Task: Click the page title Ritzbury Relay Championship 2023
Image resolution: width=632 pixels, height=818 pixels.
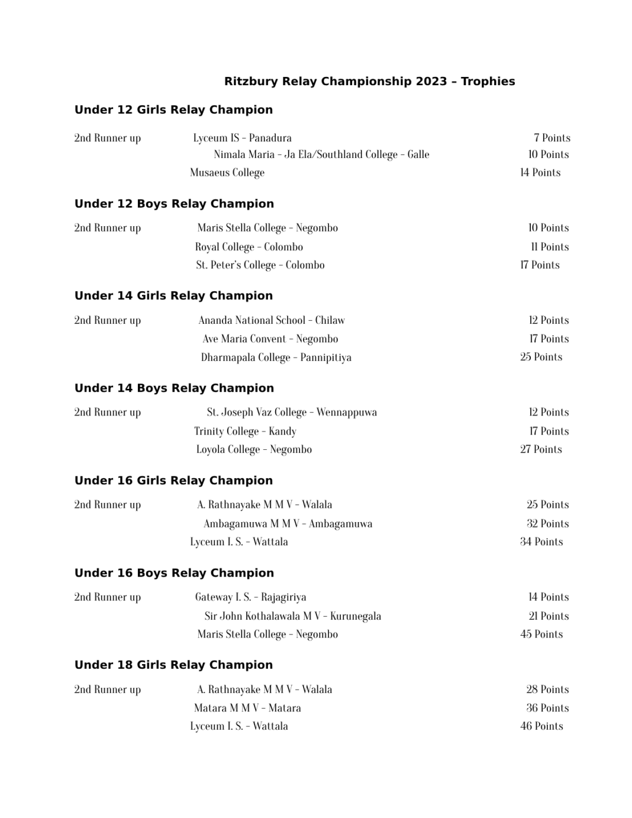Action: click(x=369, y=82)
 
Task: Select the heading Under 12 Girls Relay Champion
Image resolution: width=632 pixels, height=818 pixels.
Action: click(x=173, y=110)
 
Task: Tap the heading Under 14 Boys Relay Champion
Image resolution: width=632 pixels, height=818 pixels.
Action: click(x=174, y=388)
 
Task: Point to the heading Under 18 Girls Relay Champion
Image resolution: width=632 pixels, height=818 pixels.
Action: click(x=173, y=665)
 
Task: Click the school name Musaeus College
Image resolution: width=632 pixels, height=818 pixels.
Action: click(x=227, y=173)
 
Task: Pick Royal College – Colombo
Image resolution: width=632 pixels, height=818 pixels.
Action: click(x=249, y=247)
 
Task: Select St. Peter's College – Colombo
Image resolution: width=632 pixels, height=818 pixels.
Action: click(x=260, y=265)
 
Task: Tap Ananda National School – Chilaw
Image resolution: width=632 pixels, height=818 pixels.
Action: click(x=272, y=320)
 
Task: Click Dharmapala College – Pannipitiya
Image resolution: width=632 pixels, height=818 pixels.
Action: click(x=276, y=358)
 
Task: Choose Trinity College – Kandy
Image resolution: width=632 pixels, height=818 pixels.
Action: click(x=245, y=431)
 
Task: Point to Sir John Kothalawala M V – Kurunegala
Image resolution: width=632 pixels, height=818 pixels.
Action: click(x=292, y=616)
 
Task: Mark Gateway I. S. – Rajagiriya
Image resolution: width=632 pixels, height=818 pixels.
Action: click(x=250, y=597)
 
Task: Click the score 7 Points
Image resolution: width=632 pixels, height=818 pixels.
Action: click(x=552, y=138)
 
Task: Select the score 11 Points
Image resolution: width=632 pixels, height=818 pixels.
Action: click(x=550, y=247)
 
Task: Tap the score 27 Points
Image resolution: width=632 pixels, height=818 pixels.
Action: click(x=541, y=449)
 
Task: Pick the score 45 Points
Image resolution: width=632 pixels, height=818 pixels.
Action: click(x=541, y=634)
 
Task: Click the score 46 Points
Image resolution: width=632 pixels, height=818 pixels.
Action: click(x=541, y=726)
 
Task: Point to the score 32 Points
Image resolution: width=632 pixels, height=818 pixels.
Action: click(x=547, y=524)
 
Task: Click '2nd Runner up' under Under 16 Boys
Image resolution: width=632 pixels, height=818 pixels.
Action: click(x=108, y=597)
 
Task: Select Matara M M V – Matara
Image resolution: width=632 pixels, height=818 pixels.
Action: click(x=247, y=708)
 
